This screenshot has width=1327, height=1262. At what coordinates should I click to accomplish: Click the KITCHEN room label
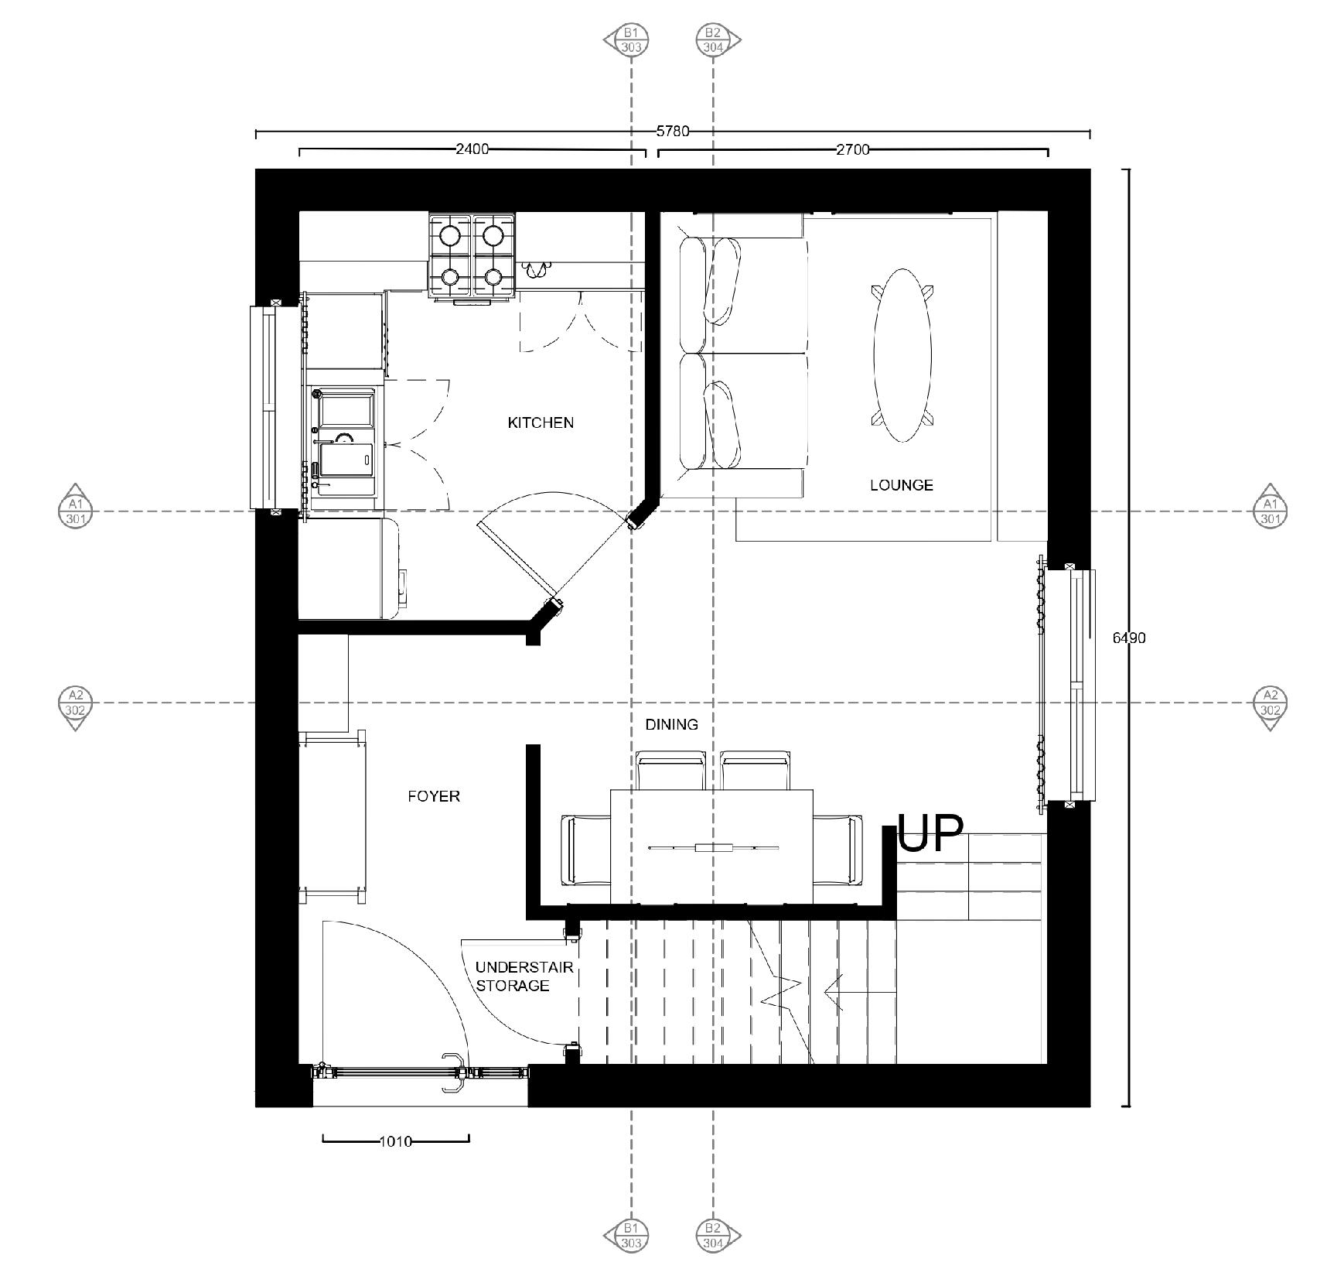(x=541, y=422)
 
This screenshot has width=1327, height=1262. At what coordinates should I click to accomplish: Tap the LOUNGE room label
(x=901, y=485)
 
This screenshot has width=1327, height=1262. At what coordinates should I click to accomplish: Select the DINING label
(x=671, y=724)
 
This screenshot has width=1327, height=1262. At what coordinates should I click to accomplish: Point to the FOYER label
(x=433, y=795)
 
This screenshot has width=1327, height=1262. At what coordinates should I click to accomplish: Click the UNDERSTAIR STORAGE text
(x=513, y=976)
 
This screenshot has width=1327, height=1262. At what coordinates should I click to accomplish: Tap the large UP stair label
(x=930, y=833)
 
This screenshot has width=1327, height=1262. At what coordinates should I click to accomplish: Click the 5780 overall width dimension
(x=672, y=131)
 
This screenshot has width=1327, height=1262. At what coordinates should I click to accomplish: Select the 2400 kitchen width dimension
(x=472, y=149)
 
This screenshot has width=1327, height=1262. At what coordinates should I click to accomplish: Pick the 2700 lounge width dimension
(x=852, y=149)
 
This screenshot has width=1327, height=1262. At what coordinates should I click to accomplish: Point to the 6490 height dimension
(x=1129, y=638)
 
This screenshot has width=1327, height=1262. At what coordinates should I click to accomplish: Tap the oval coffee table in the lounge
(x=902, y=355)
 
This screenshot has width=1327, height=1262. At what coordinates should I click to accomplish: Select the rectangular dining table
(x=711, y=846)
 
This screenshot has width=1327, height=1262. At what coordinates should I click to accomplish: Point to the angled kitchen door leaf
(x=517, y=563)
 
